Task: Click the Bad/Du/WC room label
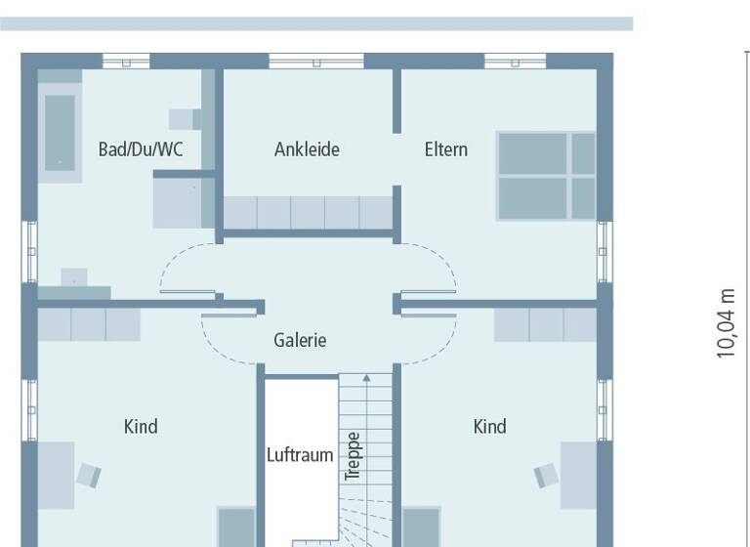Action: point(141,149)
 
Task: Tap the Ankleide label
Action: point(307,149)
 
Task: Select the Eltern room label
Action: point(445,149)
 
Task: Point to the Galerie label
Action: point(300,340)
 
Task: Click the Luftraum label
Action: point(300,455)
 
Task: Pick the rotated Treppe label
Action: point(354,456)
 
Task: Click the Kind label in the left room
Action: point(141,426)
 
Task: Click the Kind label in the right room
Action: point(489,426)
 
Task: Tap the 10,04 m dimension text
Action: point(726,323)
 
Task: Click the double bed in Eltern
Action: point(546,175)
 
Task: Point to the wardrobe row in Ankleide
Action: point(308,212)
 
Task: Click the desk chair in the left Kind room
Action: point(89,476)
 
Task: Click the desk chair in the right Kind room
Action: point(545,476)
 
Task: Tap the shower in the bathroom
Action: point(184,200)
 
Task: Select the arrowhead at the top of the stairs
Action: point(366,377)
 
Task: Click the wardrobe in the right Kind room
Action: point(545,324)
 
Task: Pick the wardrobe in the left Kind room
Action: point(89,324)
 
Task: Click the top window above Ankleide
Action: point(315,61)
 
